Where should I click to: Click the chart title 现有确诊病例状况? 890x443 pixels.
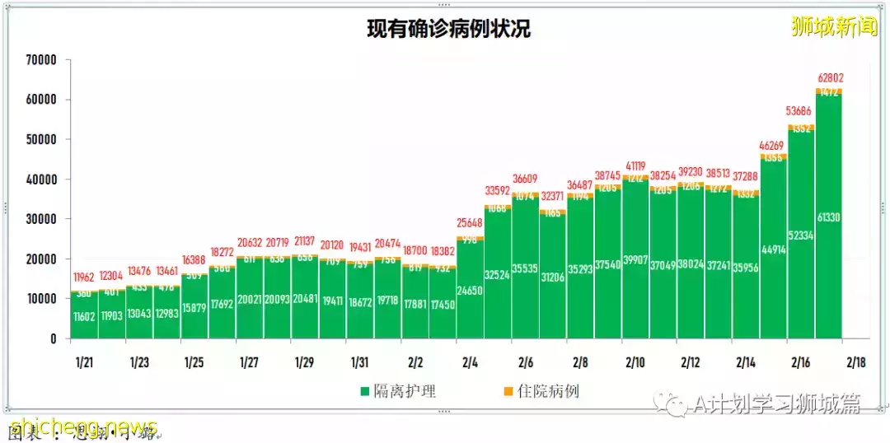tap(448, 30)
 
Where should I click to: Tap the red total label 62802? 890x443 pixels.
tap(829, 78)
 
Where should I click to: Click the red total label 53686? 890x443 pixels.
tap(801, 111)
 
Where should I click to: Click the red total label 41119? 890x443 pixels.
tap(635, 165)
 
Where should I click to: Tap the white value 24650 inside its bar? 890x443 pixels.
tap(470, 290)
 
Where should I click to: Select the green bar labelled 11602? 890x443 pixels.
tap(84, 317)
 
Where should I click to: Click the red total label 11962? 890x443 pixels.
tap(84, 277)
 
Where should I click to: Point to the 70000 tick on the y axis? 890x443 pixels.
tap(40, 60)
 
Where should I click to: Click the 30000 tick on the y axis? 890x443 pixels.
tap(40, 219)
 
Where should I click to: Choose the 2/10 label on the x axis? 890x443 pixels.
tap(635, 362)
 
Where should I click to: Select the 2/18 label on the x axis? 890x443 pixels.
tap(857, 362)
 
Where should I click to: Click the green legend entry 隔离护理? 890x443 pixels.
tap(398, 391)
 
